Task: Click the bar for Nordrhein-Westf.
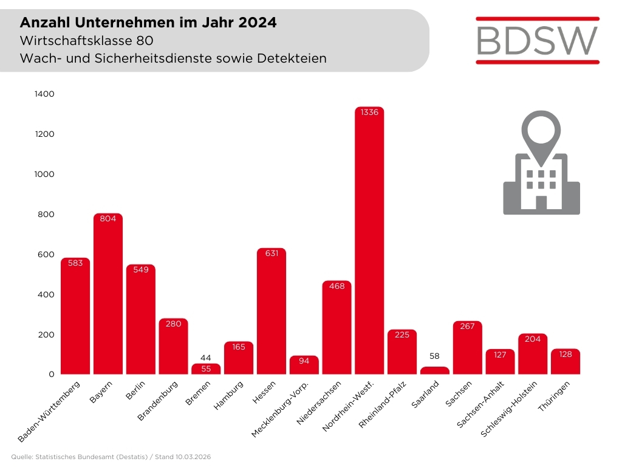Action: (x=369, y=243)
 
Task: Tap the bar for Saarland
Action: (x=435, y=370)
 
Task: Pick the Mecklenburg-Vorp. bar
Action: (x=304, y=365)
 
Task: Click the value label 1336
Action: (x=369, y=112)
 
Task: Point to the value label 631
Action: (x=272, y=254)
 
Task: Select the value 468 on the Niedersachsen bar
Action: (x=337, y=286)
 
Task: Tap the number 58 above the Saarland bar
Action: (x=435, y=356)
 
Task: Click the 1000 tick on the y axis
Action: (x=44, y=174)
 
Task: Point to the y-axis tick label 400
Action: (x=46, y=294)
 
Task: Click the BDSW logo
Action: (x=537, y=40)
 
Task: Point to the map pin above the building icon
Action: (x=541, y=130)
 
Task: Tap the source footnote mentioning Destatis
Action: (x=111, y=457)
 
